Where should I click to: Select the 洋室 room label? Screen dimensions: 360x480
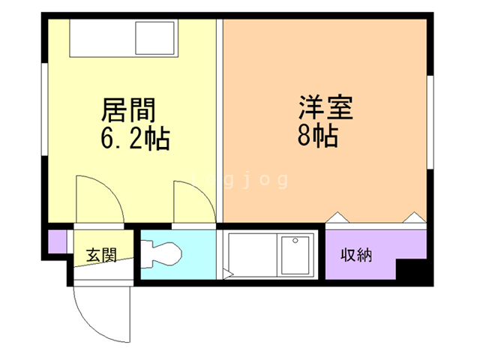(325, 108)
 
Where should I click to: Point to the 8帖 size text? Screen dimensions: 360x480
(316, 136)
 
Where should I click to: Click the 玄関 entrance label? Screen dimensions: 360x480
(100, 255)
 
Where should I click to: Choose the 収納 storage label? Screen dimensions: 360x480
(357, 255)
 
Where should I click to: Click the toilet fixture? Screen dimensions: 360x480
(162, 253)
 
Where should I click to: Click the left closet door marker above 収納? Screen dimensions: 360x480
(336, 217)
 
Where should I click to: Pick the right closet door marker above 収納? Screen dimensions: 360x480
(413, 217)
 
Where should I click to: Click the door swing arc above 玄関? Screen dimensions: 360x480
(97, 199)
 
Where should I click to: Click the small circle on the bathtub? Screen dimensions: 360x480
(295, 241)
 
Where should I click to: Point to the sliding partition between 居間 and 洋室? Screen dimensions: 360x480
(220, 120)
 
